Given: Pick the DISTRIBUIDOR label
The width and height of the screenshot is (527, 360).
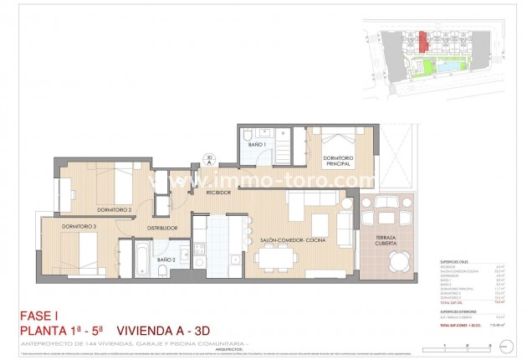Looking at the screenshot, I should [162, 228].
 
